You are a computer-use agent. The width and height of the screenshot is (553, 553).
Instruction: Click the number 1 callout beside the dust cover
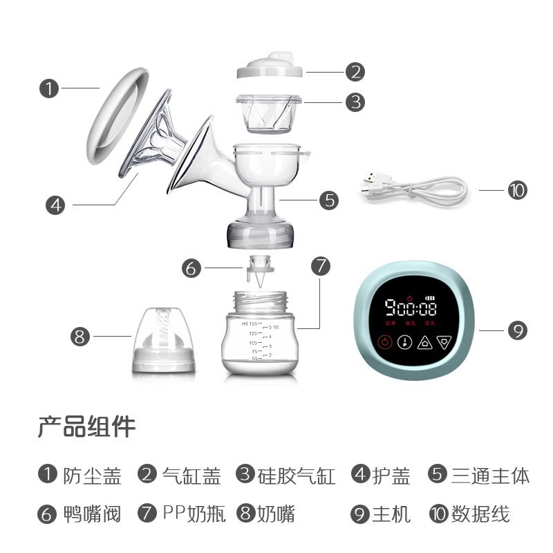pos(48,89)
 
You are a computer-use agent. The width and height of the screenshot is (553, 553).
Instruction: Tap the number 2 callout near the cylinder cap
pos(355,71)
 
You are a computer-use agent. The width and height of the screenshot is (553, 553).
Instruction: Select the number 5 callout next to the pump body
pos(329,200)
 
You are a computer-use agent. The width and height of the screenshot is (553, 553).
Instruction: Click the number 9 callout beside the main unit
pos(517,330)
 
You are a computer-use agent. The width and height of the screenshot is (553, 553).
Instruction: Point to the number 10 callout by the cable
pos(517,189)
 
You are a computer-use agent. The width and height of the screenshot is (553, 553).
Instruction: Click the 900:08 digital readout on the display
pos(411,306)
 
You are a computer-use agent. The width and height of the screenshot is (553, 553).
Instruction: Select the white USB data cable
pos(415,189)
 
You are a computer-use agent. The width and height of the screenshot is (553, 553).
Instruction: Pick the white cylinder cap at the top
pos(270,70)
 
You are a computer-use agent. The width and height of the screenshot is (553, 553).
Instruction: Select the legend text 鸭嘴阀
pos(91,514)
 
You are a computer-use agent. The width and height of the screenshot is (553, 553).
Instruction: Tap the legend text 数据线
pos(480,514)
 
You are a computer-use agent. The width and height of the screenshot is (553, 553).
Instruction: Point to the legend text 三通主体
pos(490,476)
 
